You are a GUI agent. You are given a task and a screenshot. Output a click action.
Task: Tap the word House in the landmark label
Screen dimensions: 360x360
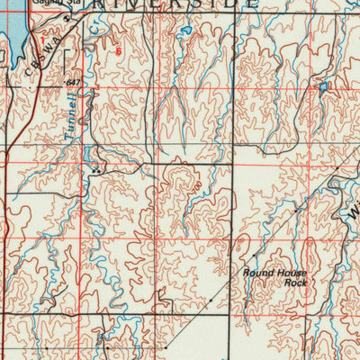coord(291,272)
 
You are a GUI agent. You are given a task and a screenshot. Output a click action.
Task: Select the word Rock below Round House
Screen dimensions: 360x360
coord(295,283)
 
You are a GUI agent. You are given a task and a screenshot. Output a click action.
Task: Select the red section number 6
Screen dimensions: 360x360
coord(117,51)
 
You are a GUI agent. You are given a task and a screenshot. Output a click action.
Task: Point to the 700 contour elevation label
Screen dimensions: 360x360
coord(194,184)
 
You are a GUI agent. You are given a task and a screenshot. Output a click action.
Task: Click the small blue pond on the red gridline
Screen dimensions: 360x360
coord(321,87)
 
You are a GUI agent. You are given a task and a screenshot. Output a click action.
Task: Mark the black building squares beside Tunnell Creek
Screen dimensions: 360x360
coord(95,168)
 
